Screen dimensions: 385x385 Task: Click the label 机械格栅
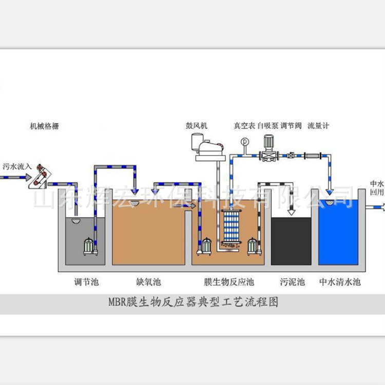44,126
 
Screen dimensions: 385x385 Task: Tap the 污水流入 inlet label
17,166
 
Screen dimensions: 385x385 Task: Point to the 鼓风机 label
197,125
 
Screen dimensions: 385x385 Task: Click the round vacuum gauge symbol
243,141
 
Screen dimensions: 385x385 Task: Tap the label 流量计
318,125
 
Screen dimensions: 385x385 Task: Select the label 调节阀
291,125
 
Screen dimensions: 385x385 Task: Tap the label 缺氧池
148,282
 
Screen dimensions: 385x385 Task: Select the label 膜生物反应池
229,282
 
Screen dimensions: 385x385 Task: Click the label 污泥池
292,282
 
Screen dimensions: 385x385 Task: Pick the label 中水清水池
340,282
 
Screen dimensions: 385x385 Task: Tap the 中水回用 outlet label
377,187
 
